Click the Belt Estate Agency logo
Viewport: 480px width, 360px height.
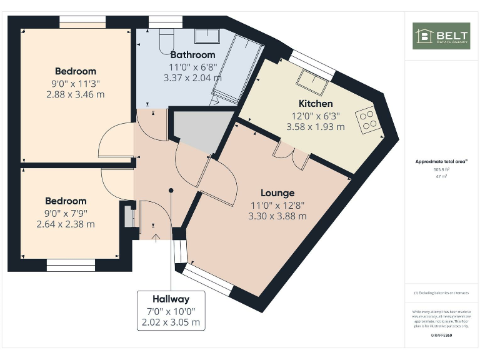click(x=441, y=36)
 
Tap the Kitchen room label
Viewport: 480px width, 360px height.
click(x=316, y=104)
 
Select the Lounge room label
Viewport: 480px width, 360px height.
click(x=277, y=193)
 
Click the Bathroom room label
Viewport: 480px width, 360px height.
click(x=192, y=55)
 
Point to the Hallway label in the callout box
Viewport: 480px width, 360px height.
click(x=171, y=299)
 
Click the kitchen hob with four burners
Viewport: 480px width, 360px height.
click(x=369, y=119)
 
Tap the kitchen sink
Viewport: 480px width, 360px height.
click(x=310, y=79)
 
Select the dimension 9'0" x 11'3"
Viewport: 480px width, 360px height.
click(x=75, y=82)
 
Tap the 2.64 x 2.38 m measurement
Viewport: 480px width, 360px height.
click(x=66, y=224)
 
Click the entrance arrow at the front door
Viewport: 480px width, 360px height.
click(x=154, y=236)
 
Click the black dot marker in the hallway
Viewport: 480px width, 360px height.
click(x=171, y=190)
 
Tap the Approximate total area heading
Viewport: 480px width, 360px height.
click(x=441, y=162)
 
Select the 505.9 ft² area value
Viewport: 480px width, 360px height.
click(x=441, y=169)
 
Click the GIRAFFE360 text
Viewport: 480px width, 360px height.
click(x=441, y=336)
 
